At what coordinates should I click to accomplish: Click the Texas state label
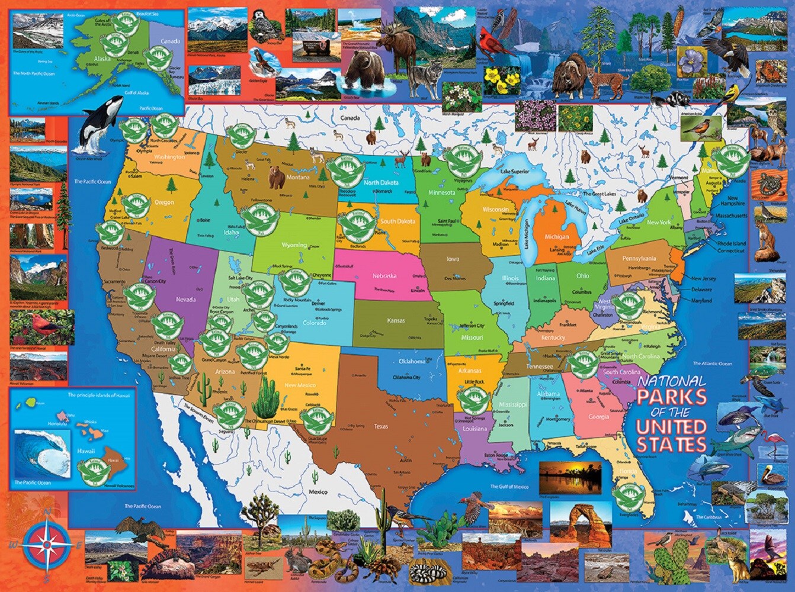point(380,426)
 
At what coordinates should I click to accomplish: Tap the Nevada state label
point(185,300)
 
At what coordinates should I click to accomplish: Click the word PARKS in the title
point(671,396)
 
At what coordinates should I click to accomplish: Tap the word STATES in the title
point(671,444)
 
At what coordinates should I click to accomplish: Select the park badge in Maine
point(727,161)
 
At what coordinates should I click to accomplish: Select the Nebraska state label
point(384,276)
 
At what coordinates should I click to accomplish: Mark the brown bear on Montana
point(277,177)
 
